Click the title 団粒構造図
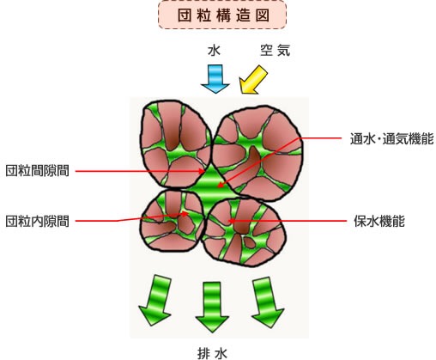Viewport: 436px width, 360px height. pos(223,15)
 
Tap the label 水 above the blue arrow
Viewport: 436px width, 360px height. pos(214,51)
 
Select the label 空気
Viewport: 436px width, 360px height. pos(276,50)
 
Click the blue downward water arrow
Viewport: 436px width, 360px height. pos(215,78)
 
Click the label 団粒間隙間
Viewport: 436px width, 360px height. pos(37,171)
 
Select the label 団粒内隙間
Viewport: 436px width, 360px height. pos(37,221)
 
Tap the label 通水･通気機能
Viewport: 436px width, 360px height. pos(391,139)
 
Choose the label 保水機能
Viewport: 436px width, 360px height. pos(379,221)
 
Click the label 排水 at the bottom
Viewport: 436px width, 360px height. pos(212,353)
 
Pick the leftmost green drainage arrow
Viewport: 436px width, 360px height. pos(155,300)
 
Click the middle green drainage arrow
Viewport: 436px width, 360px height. pos(212,307)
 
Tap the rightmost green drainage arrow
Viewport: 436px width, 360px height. pos(267,302)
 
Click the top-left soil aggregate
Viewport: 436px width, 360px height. pos(175,144)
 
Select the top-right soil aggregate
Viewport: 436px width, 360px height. pos(257,153)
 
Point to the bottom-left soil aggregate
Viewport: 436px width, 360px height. pos(173,221)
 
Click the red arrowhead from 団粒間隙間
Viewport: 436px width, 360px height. pos(203,172)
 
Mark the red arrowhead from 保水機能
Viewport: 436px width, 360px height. pos(231,221)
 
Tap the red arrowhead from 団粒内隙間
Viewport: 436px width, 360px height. pos(185,213)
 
